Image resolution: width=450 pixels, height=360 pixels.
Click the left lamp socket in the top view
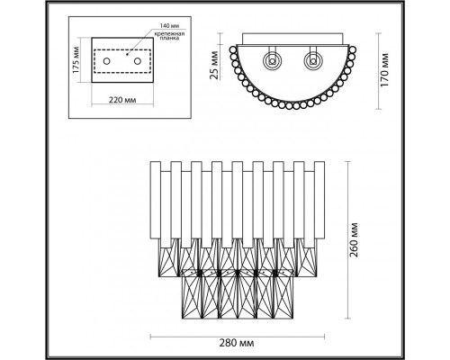click(x=270, y=62)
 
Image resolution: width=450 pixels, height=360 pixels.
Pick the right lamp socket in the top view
click(x=312, y=62)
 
